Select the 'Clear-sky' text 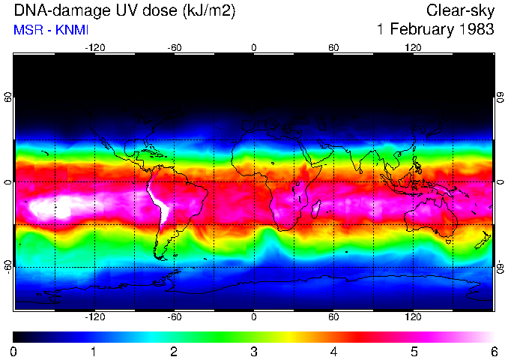click(x=460, y=10)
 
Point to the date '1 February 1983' click(x=435, y=30)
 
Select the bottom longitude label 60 click(x=333, y=317)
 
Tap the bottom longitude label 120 click(x=414, y=317)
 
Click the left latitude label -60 click(x=7, y=266)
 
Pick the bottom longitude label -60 click(x=174, y=317)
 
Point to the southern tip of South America click(x=160, y=257)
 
